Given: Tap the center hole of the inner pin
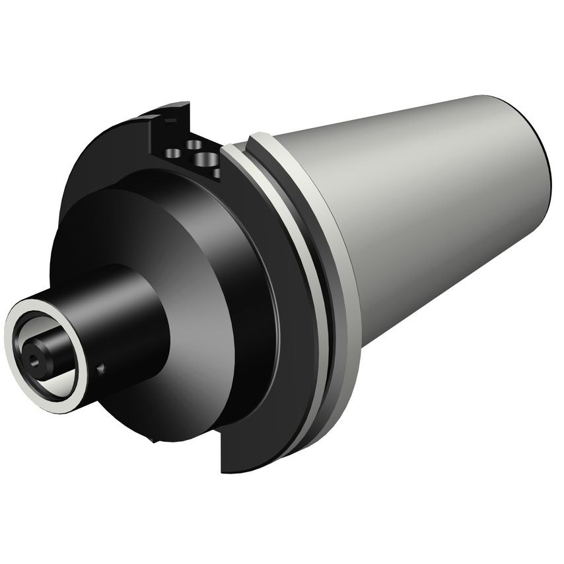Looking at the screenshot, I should click(32, 361).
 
